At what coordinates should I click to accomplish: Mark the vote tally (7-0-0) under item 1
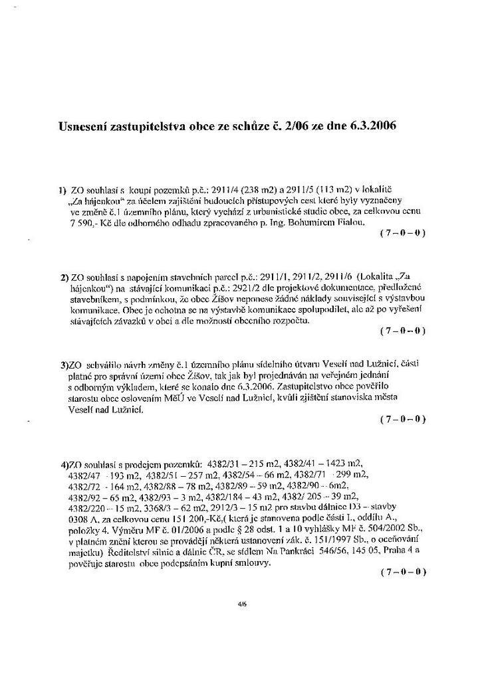click(x=402, y=234)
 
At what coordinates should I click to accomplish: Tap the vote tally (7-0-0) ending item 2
click(x=402, y=330)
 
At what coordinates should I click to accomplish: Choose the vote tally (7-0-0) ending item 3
click(x=402, y=419)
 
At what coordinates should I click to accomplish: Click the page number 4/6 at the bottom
click(x=242, y=605)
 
